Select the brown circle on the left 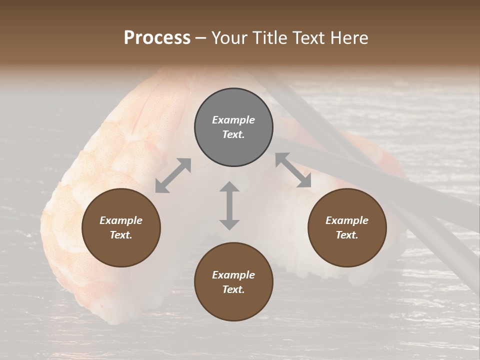pyautogui.click(x=121, y=227)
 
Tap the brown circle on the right pyautogui.click(x=347, y=227)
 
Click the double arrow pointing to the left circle pyautogui.click(x=173, y=175)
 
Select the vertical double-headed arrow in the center pyautogui.click(x=229, y=205)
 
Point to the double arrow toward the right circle pyautogui.click(x=293, y=170)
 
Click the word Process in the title pyautogui.click(x=157, y=37)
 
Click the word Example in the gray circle pyautogui.click(x=233, y=120)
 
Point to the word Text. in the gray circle pyautogui.click(x=233, y=134)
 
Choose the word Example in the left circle pyautogui.click(x=121, y=220)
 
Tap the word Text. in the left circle pyautogui.click(x=121, y=235)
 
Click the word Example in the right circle pyautogui.click(x=347, y=220)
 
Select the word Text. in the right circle pyautogui.click(x=347, y=235)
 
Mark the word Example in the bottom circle pyautogui.click(x=233, y=275)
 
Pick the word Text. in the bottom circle pyautogui.click(x=233, y=289)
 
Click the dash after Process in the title pyautogui.click(x=201, y=38)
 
